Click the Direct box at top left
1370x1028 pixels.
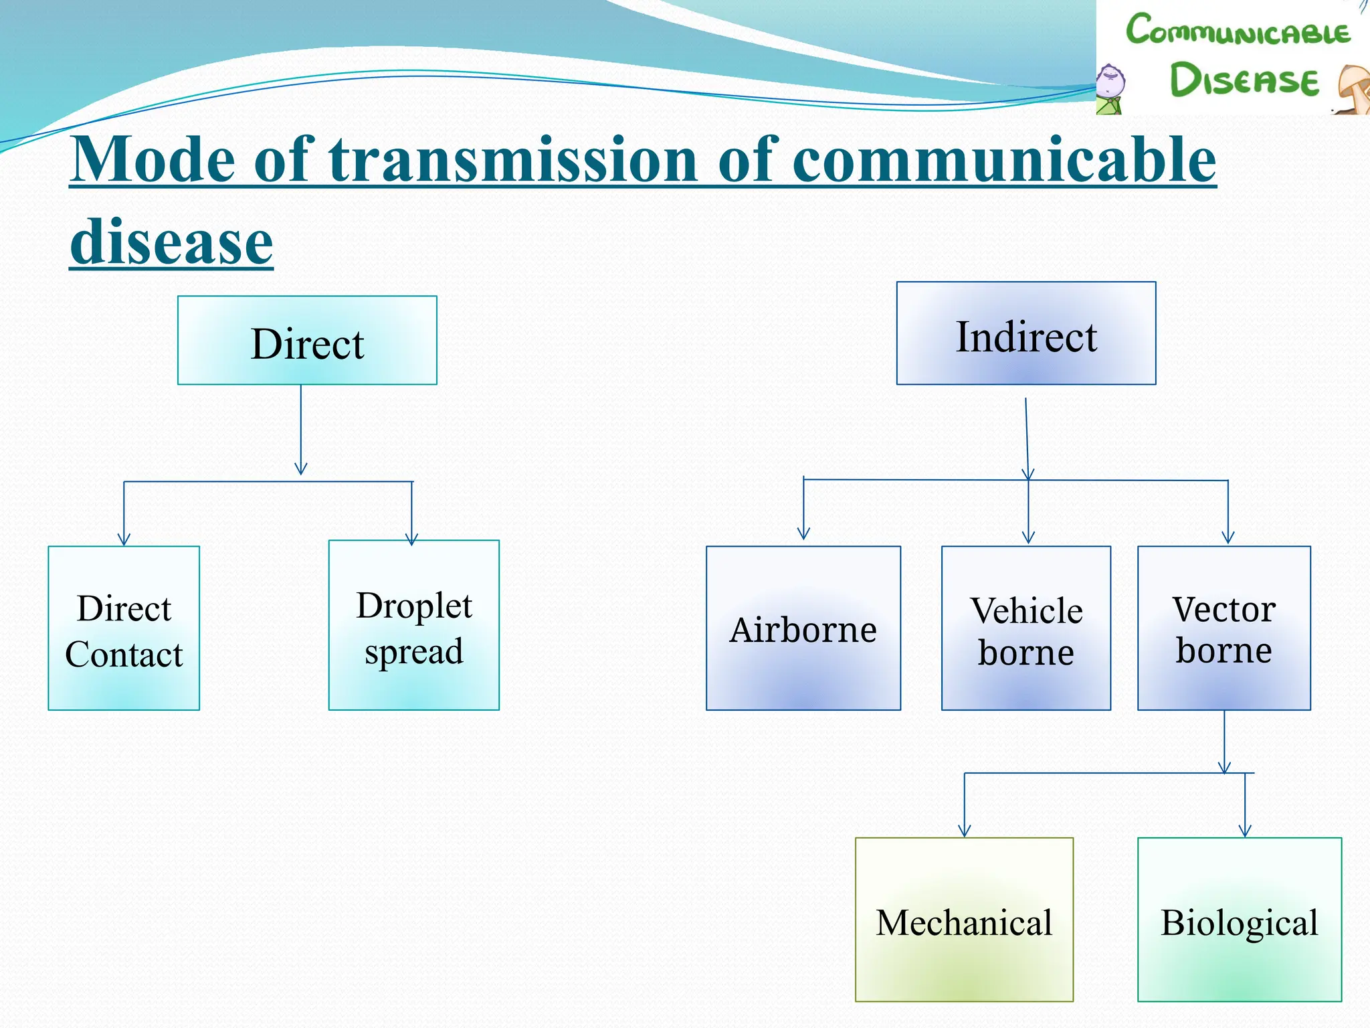(x=307, y=340)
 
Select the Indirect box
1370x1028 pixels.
(x=1025, y=333)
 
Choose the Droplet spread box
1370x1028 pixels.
(x=413, y=625)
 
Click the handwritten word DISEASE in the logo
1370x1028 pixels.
(x=1244, y=80)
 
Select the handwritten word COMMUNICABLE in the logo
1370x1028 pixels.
(x=1238, y=31)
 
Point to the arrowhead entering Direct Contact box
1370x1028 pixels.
(x=124, y=539)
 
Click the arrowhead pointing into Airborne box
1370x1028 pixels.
(x=803, y=533)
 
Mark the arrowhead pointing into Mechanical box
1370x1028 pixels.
(x=964, y=831)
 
